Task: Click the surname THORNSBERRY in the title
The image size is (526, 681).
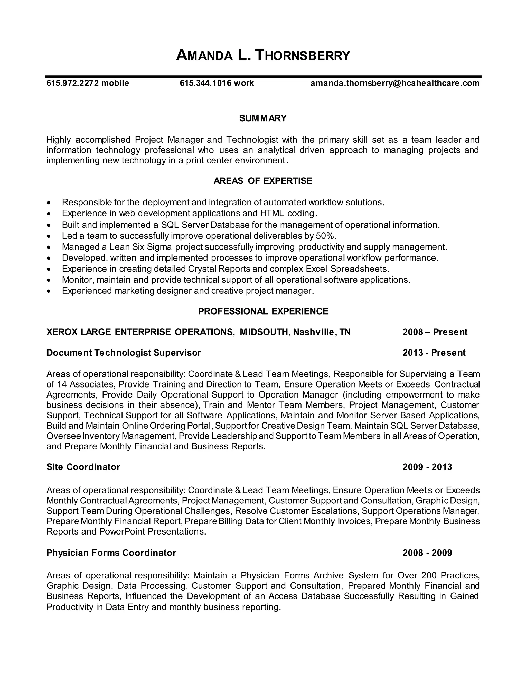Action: pyautogui.click(x=302, y=56)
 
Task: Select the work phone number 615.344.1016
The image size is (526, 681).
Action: pyautogui.click(x=206, y=83)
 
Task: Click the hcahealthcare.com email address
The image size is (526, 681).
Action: pyautogui.click(x=395, y=83)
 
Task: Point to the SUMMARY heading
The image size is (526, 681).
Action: pyautogui.click(x=263, y=118)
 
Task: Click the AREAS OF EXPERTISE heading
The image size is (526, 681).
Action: pyautogui.click(x=263, y=181)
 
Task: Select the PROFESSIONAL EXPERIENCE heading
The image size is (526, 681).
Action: pyautogui.click(x=263, y=311)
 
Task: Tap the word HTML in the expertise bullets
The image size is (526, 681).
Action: pyautogui.click(x=272, y=213)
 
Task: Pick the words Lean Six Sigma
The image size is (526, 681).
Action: pyautogui.click(x=140, y=247)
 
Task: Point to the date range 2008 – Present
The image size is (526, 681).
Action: pyautogui.click(x=435, y=332)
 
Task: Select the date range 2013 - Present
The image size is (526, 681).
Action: pyautogui.click(x=434, y=353)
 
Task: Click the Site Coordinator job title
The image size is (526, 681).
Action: pyautogui.click(x=83, y=467)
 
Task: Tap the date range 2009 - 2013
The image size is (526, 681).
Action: pyautogui.click(x=427, y=467)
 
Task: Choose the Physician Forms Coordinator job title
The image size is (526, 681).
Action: pyautogui.click(x=111, y=553)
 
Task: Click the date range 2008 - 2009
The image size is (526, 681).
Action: pyautogui.click(x=427, y=553)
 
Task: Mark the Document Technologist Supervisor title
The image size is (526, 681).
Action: pyautogui.click(x=123, y=353)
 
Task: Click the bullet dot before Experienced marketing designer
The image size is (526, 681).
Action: pyautogui.click(x=48, y=291)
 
